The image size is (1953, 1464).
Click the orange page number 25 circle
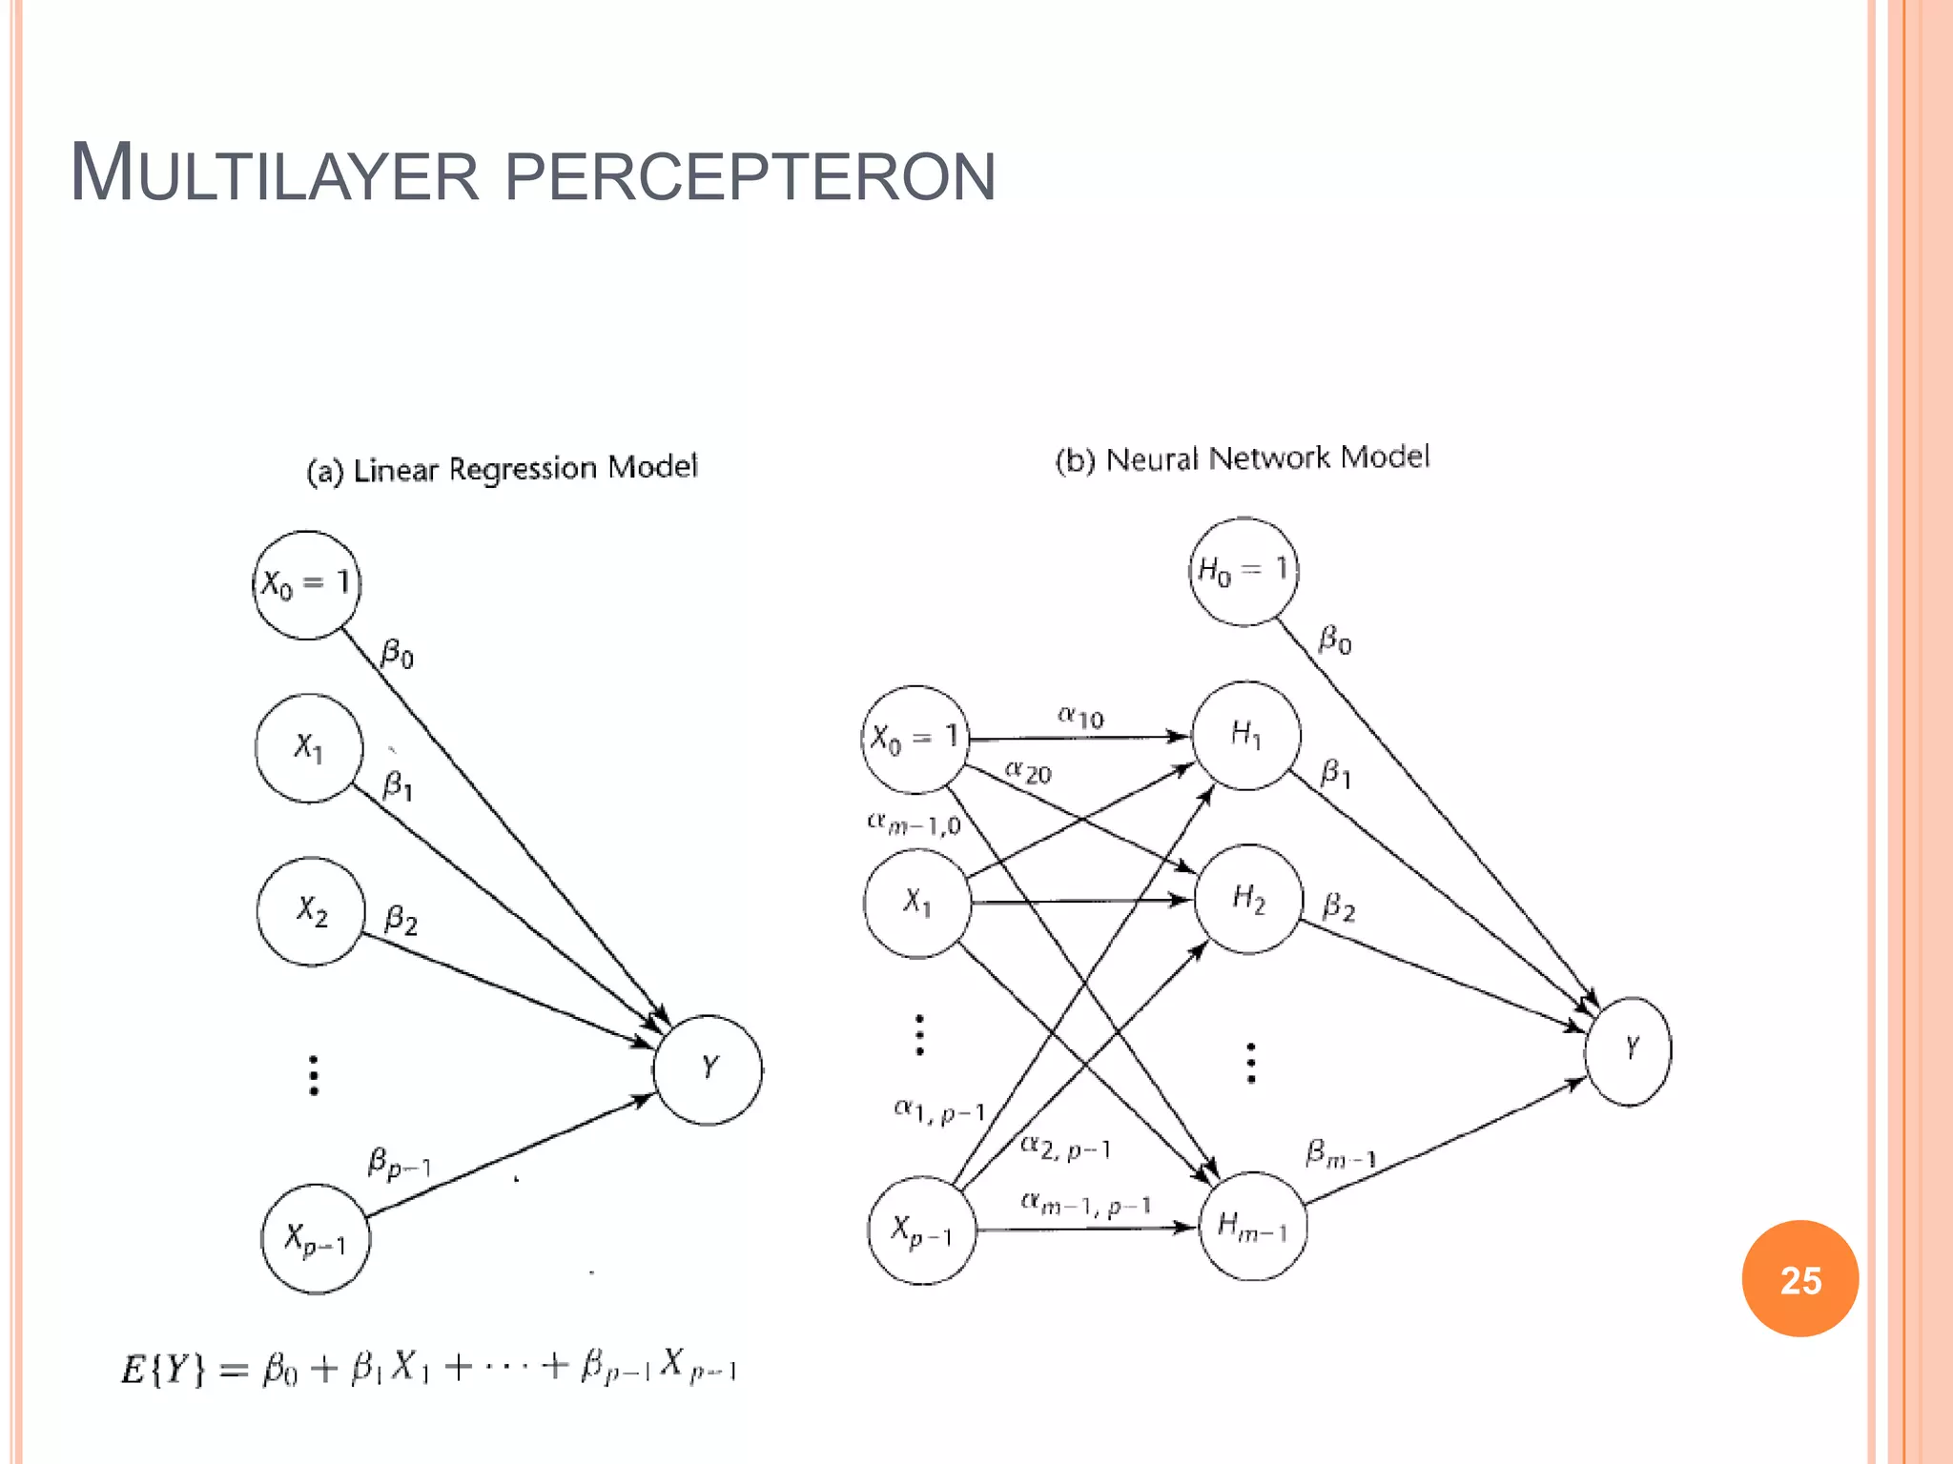pyautogui.click(x=1799, y=1278)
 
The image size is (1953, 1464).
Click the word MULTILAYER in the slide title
pyautogui.click(x=275, y=173)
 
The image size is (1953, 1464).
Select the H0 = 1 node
pyautogui.click(x=1244, y=571)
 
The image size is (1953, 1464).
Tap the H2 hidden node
pyautogui.click(x=1247, y=899)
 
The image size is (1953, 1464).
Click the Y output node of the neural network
pyautogui.click(x=1629, y=1050)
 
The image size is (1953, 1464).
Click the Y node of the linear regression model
pyautogui.click(x=709, y=1069)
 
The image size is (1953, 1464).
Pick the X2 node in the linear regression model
pyautogui.click(x=311, y=911)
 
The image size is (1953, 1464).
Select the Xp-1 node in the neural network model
pyautogui.click(x=922, y=1230)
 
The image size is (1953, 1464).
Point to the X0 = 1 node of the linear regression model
pyautogui.click(x=306, y=584)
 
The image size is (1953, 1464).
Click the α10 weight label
pyautogui.click(x=1080, y=717)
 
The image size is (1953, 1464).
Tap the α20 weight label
pyautogui.click(x=1028, y=771)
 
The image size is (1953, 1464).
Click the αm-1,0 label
pyautogui.click(x=914, y=823)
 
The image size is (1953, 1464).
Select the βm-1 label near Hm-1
pyautogui.click(x=1340, y=1154)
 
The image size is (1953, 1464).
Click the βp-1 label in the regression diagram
pyautogui.click(x=400, y=1164)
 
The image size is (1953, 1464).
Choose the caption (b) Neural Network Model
pyautogui.click(x=1242, y=458)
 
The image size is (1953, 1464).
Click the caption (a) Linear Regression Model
pyautogui.click(x=502, y=469)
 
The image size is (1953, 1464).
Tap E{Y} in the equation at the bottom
pyautogui.click(x=162, y=1369)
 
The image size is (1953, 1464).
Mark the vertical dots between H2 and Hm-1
pyautogui.click(x=1251, y=1063)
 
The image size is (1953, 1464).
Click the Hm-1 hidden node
pyautogui.click(x=1253, y=1226)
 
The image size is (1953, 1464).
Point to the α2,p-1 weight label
pyautogui.click(x=1065, y=1148)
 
